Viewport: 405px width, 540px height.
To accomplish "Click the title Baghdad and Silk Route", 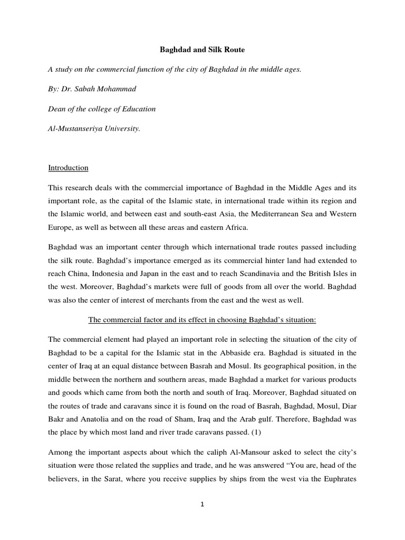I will pyautogui.click(x=202, y=50).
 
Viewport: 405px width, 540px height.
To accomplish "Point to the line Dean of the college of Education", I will pyautogui.click(x=102, y=109).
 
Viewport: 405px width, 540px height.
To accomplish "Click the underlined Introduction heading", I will pyautogui.click(x=68, y=168).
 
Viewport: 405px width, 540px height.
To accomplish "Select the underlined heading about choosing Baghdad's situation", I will pyautogui.click(x=202, y=321).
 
